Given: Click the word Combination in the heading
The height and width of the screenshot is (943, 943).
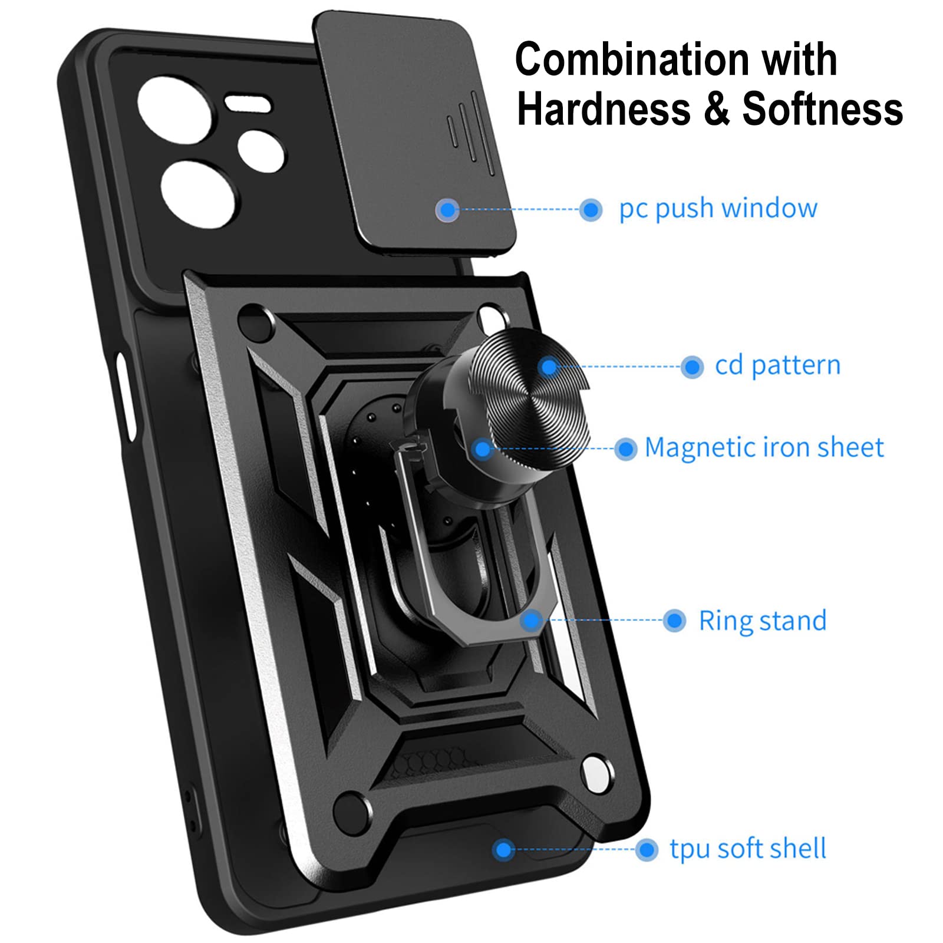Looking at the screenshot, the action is coord(631,61).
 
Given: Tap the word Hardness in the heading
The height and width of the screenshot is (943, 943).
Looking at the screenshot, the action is coord(604,110).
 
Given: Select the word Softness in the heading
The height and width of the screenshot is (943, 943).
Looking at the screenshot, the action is coord(822,110).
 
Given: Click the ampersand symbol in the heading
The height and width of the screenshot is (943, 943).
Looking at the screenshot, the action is coord(716,110).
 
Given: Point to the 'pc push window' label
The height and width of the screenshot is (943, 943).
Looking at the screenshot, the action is coord(718,209).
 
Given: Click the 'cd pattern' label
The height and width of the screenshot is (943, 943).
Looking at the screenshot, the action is coord(777,366).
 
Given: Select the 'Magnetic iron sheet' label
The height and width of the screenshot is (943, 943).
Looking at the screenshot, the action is coord(764,448).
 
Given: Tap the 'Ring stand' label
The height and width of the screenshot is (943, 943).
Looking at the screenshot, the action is coord(763,621).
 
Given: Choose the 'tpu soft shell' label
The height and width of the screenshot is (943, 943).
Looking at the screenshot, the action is coord(748,849).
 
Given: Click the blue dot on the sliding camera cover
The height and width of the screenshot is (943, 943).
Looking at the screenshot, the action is coord(449,209).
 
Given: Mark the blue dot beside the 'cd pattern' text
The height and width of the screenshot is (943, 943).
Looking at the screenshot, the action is coord(692,367).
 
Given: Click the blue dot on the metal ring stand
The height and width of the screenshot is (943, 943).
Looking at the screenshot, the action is coord(532,620).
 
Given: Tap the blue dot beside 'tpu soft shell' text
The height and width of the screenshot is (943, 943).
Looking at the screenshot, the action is coord(647,850).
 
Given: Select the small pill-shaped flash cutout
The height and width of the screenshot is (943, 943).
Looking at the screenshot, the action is coord(248,104).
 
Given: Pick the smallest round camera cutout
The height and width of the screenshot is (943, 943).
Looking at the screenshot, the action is coord(262,151).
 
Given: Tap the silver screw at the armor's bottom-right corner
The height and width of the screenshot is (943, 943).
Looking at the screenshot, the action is coord(596,774).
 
